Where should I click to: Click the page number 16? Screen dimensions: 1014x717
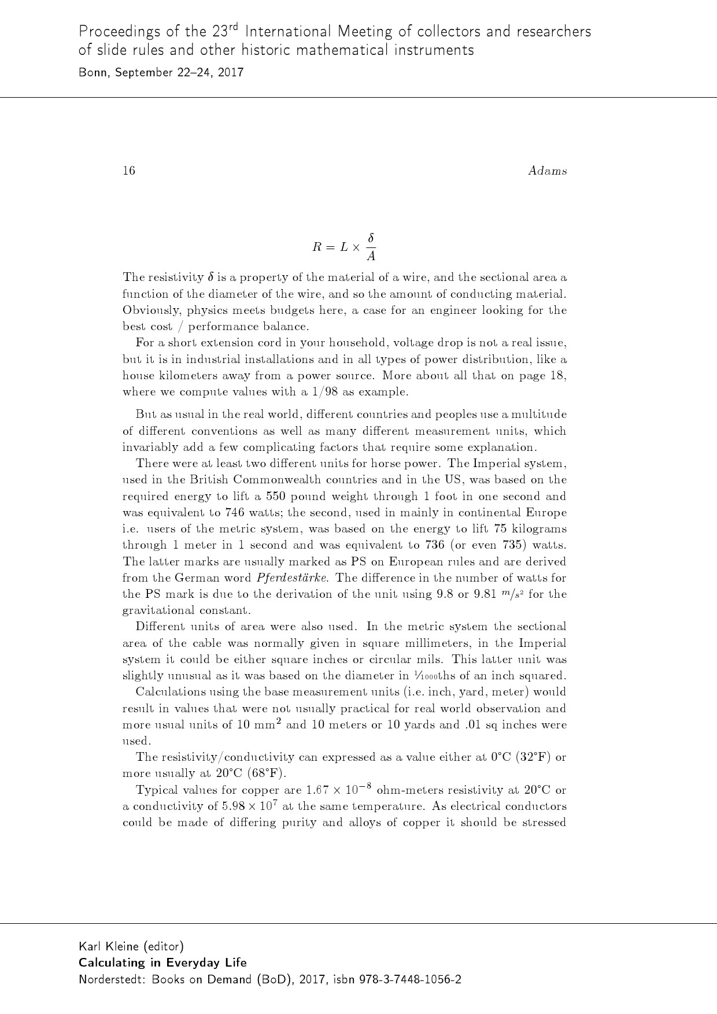click(128, 171)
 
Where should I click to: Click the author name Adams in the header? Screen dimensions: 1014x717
click(547, 171)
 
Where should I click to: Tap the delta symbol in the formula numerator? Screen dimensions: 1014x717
click(371, 238)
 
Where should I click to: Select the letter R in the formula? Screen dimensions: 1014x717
click(317, 247)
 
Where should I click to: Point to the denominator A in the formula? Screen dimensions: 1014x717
click(371, 256)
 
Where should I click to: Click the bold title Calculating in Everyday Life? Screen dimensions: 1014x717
click(162, 963)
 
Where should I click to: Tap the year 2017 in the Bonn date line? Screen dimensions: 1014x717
click(231, 73)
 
